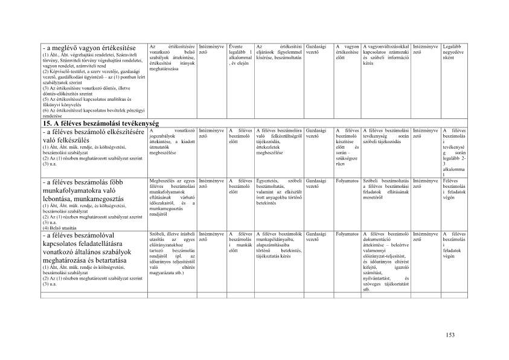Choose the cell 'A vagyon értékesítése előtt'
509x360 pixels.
[x=347, y=52]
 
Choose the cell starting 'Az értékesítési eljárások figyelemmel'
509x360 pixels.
[x=279, y=52]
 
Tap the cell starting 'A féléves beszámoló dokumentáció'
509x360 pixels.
[x=386, y=261]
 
